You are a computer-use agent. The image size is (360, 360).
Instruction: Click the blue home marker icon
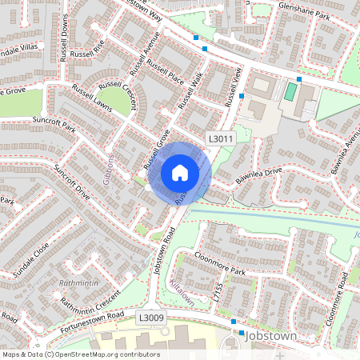pyautogui.click(x=180, y=172)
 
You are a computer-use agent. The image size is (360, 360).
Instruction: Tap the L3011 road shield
pyautogui.click(x=220, y=138)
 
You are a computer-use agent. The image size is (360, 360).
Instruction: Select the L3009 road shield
pyautogui.click(x=150, y=318)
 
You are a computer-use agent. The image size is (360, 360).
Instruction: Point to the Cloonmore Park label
pyautogui.click(x=220, y=264)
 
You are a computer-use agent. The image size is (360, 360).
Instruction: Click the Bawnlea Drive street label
pyautogui.click(x=259, y=178)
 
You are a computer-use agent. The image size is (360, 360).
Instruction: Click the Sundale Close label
pyautogui.click(x=30, y=261)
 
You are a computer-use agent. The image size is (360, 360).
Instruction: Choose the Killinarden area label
pyautogui.click(x=182, y=292)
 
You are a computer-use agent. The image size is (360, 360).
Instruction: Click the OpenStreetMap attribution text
pyautogui.click(x=80, y=354)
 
